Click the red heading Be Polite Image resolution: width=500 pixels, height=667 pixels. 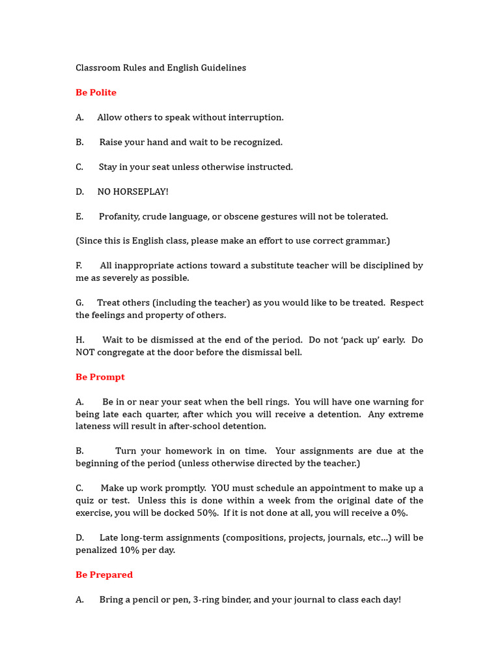pos(96,92)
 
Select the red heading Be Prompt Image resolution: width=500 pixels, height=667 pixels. pos(100,377)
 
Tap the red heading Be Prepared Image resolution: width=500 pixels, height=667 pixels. pos(104,575)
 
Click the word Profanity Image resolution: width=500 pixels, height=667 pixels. pos(120,216)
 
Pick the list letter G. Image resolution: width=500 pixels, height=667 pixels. pos(79,303)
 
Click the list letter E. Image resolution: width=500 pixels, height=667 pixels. pos(79,216)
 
